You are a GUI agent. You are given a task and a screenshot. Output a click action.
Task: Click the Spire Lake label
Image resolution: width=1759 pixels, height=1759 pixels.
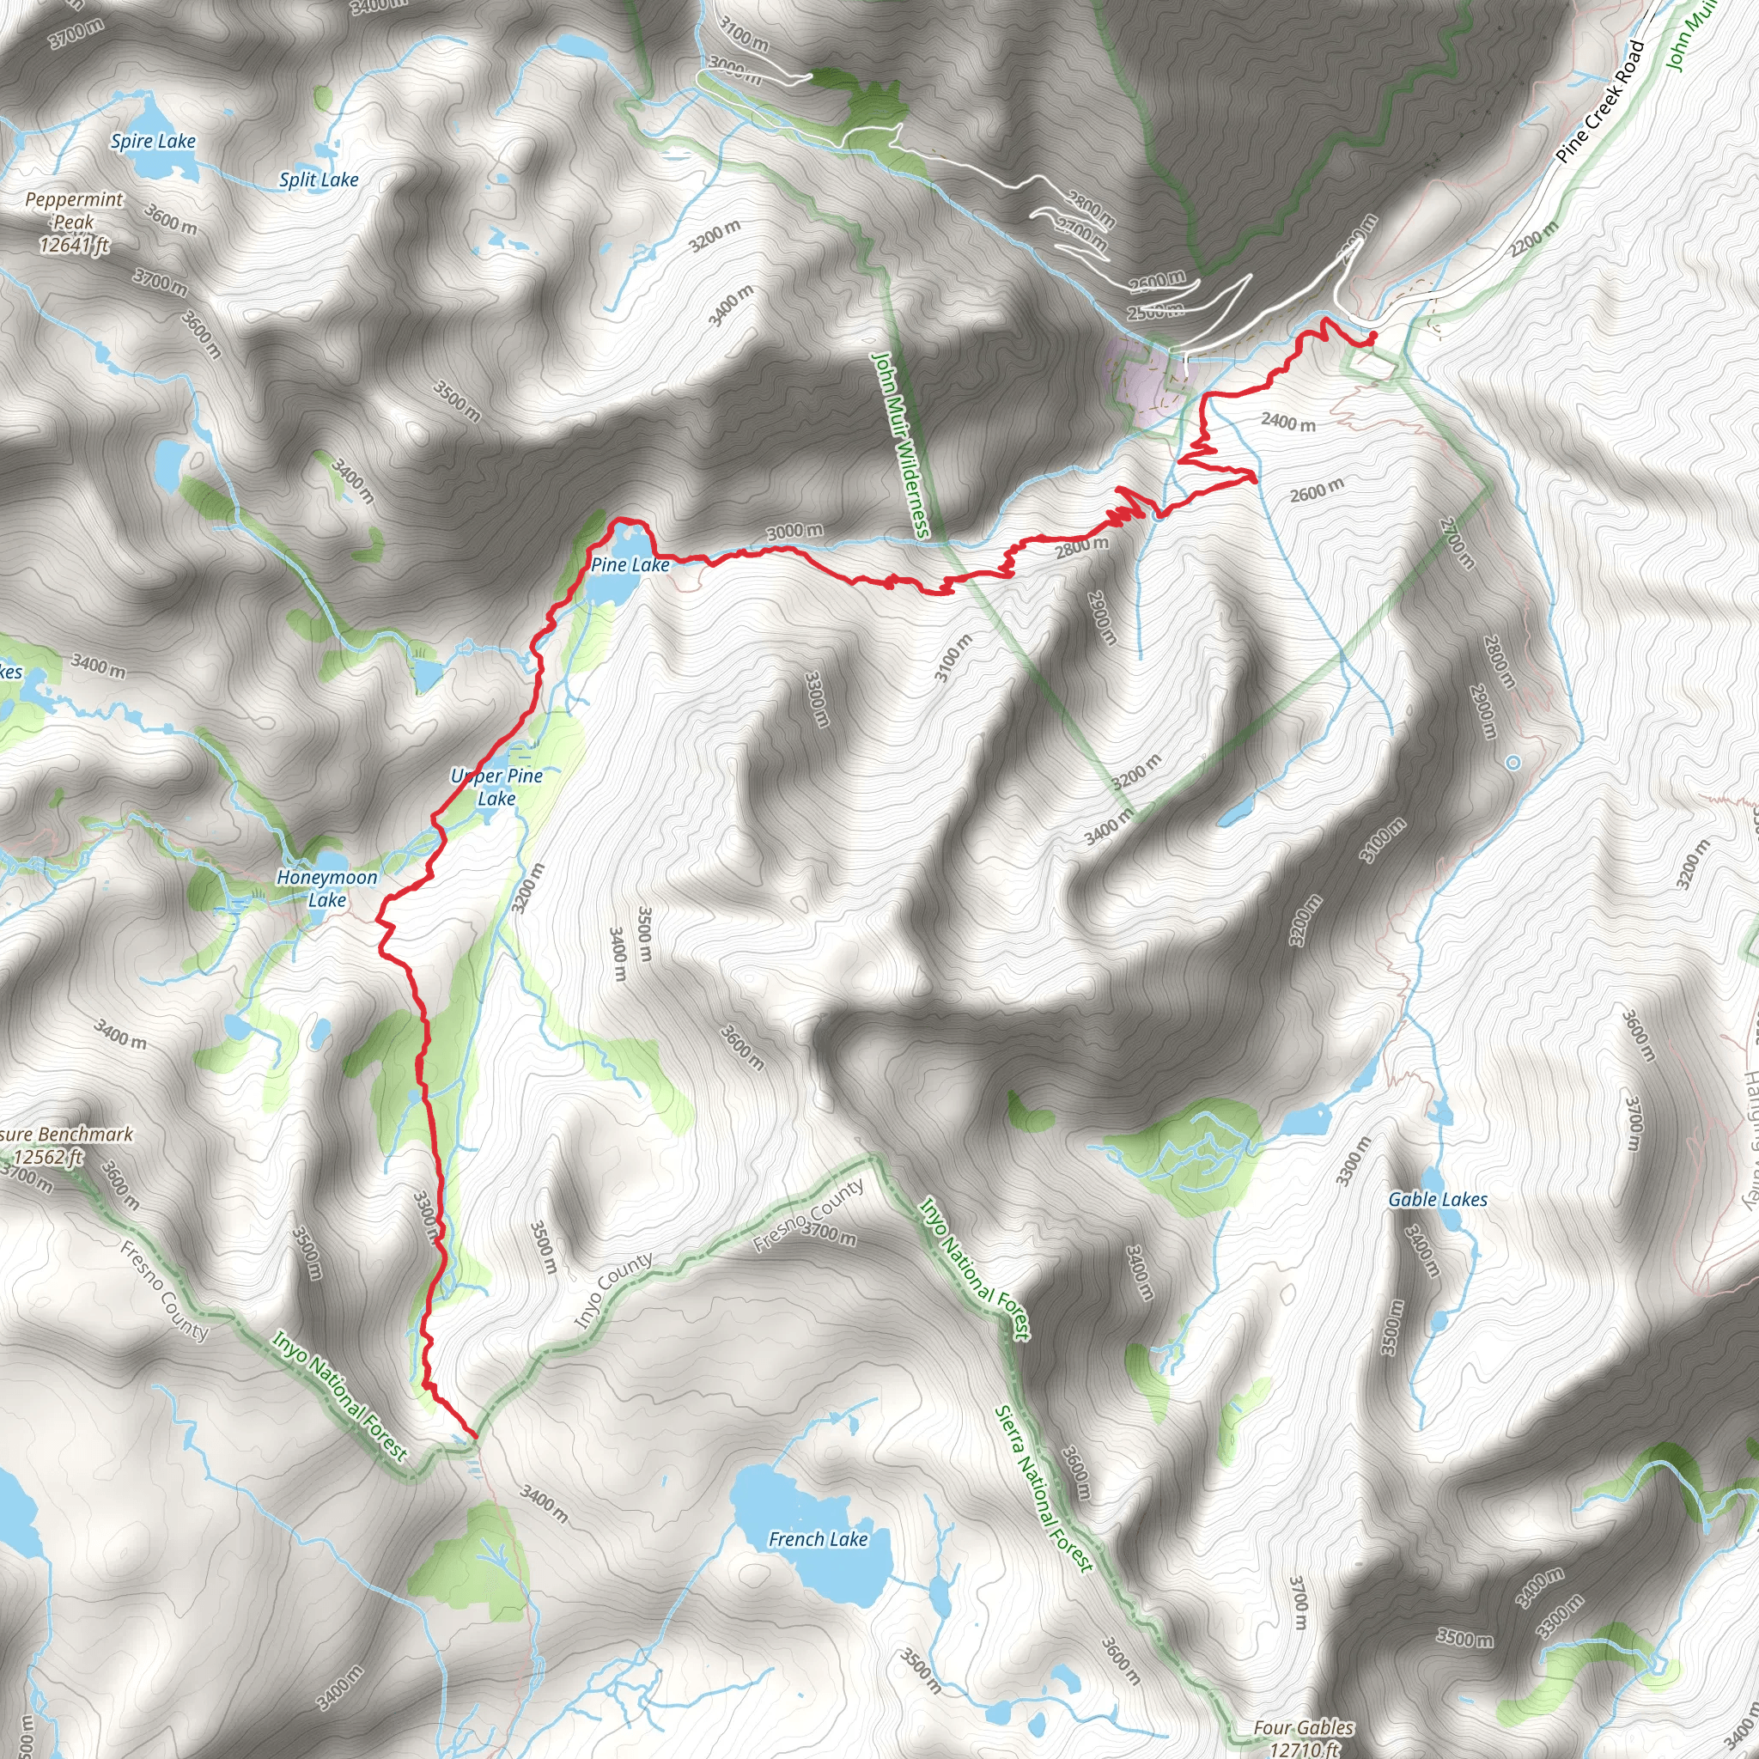[153, 141]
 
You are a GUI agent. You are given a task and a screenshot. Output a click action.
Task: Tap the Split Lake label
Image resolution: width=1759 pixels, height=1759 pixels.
[319, 180]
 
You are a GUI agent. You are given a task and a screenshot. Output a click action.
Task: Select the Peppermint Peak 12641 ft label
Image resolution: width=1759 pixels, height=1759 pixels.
[74, 222]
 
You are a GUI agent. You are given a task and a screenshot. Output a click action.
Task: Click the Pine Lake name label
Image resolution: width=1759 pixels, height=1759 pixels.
[630, 565]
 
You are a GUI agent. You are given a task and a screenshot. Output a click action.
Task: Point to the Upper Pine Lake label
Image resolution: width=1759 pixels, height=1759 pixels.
[497, 787]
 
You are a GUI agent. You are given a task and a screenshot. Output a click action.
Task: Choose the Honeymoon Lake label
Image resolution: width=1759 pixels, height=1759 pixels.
[327, 889]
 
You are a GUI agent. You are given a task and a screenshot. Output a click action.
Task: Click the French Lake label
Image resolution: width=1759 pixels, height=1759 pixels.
[818, 1538]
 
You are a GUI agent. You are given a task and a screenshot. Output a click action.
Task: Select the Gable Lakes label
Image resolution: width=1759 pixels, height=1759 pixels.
[1438, 1200]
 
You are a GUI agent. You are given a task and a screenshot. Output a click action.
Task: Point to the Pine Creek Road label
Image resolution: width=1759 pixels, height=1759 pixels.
[1599, 102]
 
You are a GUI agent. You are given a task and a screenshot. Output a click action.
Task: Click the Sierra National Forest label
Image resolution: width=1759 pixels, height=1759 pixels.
[1043, 1489]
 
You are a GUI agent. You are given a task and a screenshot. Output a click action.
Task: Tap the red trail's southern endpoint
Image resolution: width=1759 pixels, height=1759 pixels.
[473, 1436]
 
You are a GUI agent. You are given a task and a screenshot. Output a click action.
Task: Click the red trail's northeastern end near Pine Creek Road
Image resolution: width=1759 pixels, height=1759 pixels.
[1372, 336]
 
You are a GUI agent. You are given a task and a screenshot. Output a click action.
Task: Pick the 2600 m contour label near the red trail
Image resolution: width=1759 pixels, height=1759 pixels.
[1317, 490]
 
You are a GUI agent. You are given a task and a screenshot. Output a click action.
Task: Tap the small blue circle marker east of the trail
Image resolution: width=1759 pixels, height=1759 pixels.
[1512, 763]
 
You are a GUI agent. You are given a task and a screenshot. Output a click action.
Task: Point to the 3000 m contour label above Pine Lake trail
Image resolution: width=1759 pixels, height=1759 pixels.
[794, 531]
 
